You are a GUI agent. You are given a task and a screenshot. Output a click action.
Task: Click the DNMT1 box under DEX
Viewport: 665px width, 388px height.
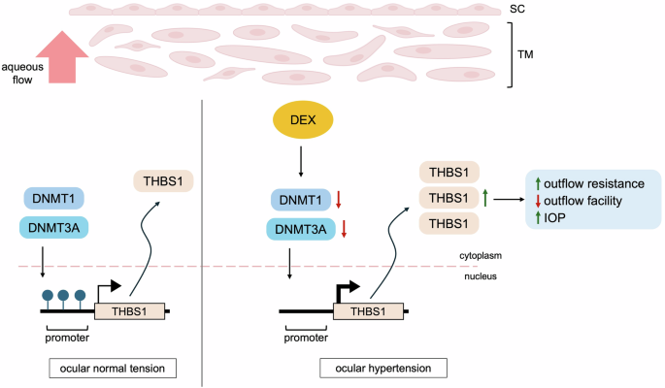pyautogui.click(x=298, y=199)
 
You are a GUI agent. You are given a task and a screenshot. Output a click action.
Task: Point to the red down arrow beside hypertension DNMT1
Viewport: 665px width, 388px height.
pyautogui.click(x=341, y=200)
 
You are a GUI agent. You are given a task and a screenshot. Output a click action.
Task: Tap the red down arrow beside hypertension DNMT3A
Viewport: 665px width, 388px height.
pyautogui.click(x=341, y=231)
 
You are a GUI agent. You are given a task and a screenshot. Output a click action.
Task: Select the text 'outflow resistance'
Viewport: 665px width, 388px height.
pyautogui.click(x=593, y=182)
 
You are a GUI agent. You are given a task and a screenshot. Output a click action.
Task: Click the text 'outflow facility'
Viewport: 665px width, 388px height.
pyautogui.click(x=585, y=201)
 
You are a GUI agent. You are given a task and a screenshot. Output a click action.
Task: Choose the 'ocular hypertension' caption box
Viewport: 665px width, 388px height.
pyautogui.click(x=383, y=368)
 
